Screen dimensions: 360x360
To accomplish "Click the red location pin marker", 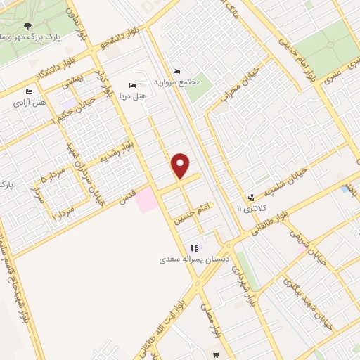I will tap(181, 165).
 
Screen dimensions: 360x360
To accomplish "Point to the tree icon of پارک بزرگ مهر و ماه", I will tap(27, 26).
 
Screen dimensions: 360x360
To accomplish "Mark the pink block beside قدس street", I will tap(146, 200).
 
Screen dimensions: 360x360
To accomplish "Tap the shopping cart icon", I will tap(216, 354).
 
